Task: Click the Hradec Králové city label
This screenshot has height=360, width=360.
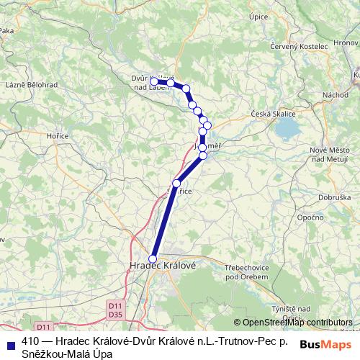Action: click(161, 265)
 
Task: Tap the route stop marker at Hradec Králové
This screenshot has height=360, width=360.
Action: click(153, 258)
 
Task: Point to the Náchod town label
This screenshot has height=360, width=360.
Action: click(335, 95)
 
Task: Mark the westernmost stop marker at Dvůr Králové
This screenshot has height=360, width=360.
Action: click(154, 82)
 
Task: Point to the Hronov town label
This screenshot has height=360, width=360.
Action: click(346, 44)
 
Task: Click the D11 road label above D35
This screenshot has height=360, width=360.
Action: click(116, 305)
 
